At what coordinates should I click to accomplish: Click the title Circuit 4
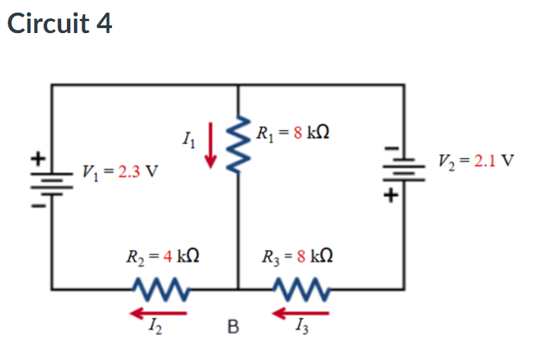(59, 23)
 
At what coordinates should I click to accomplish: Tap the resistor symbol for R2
(159, 288)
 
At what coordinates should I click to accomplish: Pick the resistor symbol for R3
(298, 288)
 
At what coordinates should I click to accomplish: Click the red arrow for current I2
(157, 311)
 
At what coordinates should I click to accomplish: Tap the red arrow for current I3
(298, 311)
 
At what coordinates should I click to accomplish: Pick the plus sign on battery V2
(388, 196)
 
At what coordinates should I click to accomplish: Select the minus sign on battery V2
(389, 148)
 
